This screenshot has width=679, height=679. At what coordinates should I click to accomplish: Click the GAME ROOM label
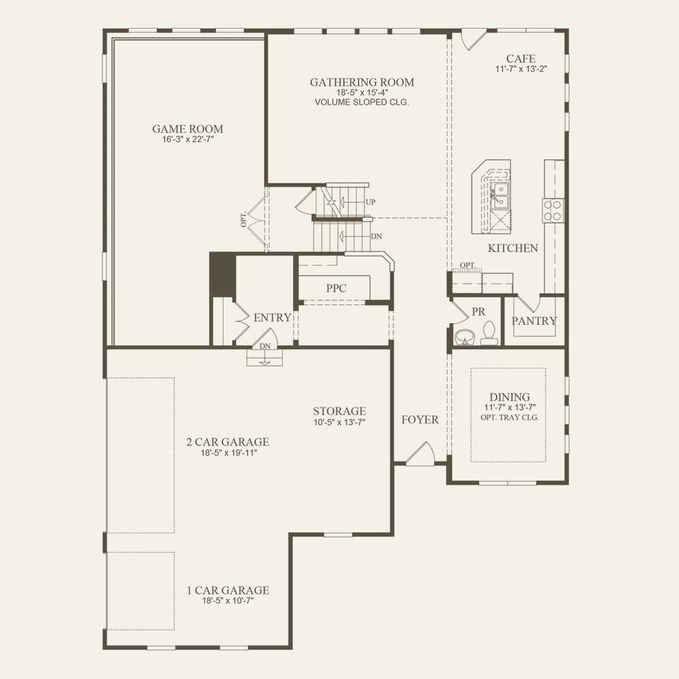[x=187, y=129]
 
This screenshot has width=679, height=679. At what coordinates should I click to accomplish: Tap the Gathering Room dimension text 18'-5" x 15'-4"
[x=362, y=93]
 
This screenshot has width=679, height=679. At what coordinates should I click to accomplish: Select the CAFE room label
[x=521, y=59]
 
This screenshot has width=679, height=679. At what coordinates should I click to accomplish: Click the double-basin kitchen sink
[x=500, y=195]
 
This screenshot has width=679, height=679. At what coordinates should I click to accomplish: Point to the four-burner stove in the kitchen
[x=553, y=210]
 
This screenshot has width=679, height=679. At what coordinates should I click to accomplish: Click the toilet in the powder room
[x=489, y=332]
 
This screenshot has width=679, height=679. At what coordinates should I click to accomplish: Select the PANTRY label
[x=534, y=321]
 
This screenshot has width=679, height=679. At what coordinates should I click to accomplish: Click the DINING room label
[x=509, y=397]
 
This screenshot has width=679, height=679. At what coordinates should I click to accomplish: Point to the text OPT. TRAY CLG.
[x=509, y=418]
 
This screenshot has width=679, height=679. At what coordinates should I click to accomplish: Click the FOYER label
[x=420, y=419]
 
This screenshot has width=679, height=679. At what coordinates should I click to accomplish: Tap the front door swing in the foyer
[x=421, y=454]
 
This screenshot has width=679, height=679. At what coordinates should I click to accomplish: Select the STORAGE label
[x=339, y=411]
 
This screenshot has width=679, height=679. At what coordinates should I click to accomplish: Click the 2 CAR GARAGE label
[x=228, y=442]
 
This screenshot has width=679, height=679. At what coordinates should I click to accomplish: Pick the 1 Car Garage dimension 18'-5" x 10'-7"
[x=228, y=601]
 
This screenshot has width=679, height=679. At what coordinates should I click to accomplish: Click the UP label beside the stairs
[x=370, y=202]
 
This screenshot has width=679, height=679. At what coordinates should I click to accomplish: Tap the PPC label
[x=336, y=288]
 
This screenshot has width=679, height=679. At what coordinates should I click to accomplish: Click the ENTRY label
[x=272, y=318]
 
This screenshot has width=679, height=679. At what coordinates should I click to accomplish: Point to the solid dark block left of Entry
[x=222, y=274]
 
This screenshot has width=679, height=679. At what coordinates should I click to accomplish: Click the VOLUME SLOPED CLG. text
[x=362, y=102]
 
